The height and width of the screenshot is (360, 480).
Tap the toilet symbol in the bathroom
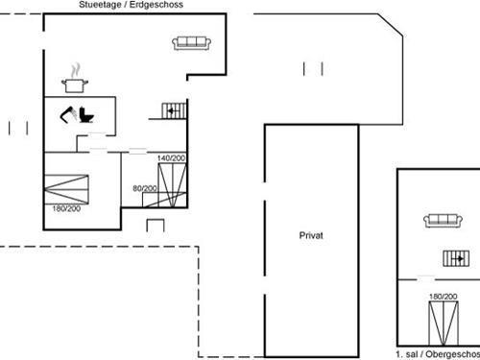pos(87,115)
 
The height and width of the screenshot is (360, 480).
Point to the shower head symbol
pos(68,116)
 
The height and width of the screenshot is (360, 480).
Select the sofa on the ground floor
pos(192,41)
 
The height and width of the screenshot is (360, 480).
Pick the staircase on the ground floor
pos(172,110)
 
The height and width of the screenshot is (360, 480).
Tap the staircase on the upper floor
pos(456,257)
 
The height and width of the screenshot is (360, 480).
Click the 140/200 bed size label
pos(170,156)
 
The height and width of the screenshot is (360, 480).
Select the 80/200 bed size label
pos(145,188)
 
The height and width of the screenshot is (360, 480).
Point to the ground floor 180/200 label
pos(66,208)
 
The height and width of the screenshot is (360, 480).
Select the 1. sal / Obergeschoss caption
pos(437,354)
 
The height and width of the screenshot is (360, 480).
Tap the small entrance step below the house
pos(156,225)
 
